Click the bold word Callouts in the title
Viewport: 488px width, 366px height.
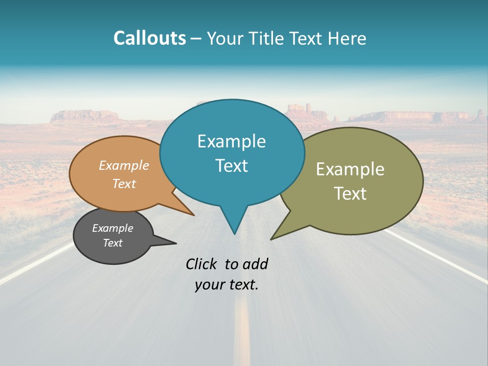pyautogui.click(x=149, y=38)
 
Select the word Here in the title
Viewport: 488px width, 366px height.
pyautogui.click(x=348, y=38)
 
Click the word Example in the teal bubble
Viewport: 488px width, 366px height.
pyautogui.click(x=231, y=141)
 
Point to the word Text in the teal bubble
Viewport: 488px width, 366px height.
pyautogui.click(x=231, y=166)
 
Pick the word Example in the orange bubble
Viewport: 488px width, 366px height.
pyautogui.click(x=124, y=166)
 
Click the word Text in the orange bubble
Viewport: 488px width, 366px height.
pyautogui.click(x=124, y=184)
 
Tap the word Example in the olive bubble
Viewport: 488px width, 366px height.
pyautogui.click(x=350, y=169)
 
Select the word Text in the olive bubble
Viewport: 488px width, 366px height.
pyautogui.click(x=350, y=194)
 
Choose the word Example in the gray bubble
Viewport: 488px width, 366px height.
pyautogui.click(x=112, y=228)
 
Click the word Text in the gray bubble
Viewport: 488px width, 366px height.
pyautogui.click(x=112, y=243)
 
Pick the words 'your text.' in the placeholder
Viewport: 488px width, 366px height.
pyautogui.click(x=227, y=285)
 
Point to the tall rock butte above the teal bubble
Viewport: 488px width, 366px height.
pyautogui.click(x=300, y=110)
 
